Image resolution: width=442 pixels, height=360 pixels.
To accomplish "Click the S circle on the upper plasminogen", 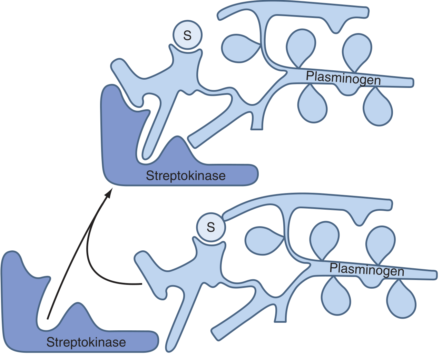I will click(x=187, y=35).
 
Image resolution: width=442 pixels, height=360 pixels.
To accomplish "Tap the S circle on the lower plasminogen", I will click(x=211, y=227).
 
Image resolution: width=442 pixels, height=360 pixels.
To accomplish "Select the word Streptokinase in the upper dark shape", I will click(x=186, y=176).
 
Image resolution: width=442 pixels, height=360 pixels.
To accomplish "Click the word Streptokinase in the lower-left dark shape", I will click(x=86, y=342).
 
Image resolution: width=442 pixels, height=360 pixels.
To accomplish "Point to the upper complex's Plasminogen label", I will click(x=343, y=78).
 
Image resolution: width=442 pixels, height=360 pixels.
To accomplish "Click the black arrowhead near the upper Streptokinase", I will click(x=109, y=193).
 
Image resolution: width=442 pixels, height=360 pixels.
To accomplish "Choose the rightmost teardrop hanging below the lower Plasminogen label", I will click(x=401, y=300).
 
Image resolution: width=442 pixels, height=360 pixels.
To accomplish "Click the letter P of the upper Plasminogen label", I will click(x=310, y=76).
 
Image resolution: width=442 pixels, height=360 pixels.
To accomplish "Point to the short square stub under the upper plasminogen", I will click(x=256, y=124).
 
